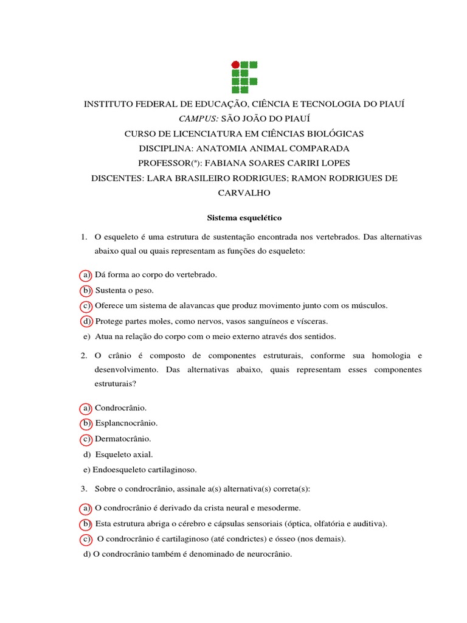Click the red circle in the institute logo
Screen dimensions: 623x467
(235, 64)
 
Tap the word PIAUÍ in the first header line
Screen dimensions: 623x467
(392, 104)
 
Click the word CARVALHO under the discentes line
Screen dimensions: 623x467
(243, 192)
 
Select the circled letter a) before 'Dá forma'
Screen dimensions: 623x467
(86, 275)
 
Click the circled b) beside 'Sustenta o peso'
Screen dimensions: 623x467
(86, 290)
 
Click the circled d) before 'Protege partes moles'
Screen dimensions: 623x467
(86, 321)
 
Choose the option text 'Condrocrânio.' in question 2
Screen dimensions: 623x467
(121, 408)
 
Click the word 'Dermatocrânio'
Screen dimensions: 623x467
(123, 439)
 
